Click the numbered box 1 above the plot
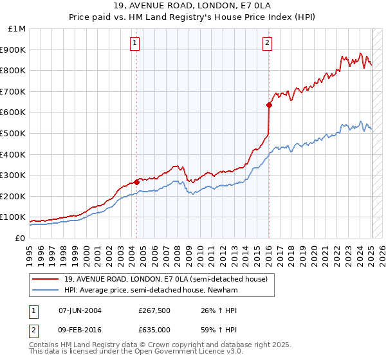coord(135,43)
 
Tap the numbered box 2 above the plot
coord(266,43)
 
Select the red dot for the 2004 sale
coord(137,182)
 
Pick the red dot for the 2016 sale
coord(269,105)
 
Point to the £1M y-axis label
coord(17,29)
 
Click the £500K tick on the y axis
coord(14,133)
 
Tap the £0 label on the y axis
coord(20,238)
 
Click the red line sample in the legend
coord(46,279)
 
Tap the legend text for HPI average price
coord(164,289)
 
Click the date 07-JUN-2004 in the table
coord(80,310)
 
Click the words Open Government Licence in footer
coord(169,354)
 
